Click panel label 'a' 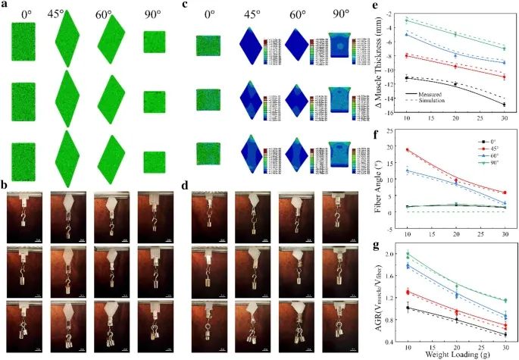pyautogui.click(x=7, y=6)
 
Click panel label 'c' pyautogui.click(x=187, y=6)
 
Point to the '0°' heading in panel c pyautogui.click(x=208, y=13)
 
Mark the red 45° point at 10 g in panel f pyautogui.click(x=408, y=150)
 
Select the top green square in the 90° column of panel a pyautogui.click(x=154, y=42)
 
